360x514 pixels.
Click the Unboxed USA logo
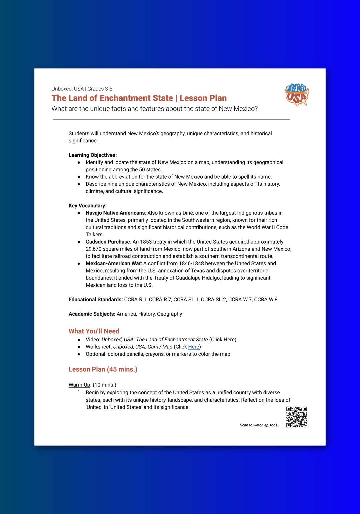pos(297,95)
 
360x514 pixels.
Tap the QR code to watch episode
pos(297,417)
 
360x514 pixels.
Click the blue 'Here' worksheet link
pos(194,347)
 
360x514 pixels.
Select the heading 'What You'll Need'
pos(94,331)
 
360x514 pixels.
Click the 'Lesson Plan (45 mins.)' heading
pos(103,369)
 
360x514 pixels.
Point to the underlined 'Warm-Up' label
pos(79,385)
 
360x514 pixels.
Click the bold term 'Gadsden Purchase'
pos(108,242)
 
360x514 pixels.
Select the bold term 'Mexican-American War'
pos(113,263)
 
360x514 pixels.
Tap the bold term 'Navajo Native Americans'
pos(115,213)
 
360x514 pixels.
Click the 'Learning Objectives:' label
pos(93,155)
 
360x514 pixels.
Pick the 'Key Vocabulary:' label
pos(88,206)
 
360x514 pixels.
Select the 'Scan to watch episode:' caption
pos(259,425)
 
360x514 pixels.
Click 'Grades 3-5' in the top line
pos(100,89)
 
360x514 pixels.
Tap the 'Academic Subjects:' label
pos(92,314)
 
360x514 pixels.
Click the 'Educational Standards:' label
pos(96,299)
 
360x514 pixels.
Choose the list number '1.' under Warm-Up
pos(79,392)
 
